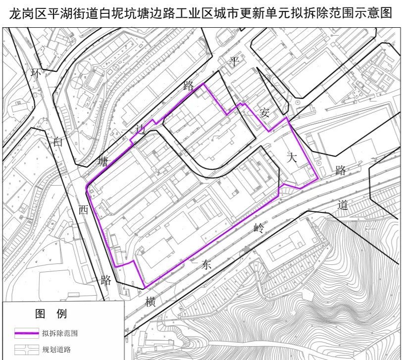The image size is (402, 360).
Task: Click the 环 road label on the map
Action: (x=35, y=73)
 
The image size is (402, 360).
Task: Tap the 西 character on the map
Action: (x=83, y=209)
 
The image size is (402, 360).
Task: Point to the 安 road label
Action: (x=264, y=113)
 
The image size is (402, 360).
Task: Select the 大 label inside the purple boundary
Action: (x=292, y=158)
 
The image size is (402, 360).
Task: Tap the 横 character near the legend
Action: (x=151, y=302)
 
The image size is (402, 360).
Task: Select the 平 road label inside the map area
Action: (x=234, y=61)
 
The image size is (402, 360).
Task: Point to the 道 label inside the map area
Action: (x=343, y=205)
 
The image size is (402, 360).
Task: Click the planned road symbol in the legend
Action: (x=26, y=350)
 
